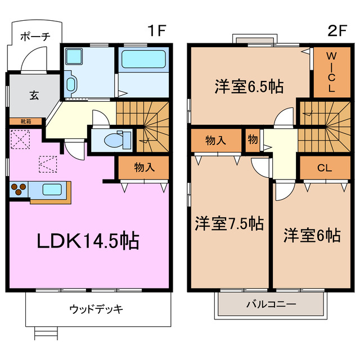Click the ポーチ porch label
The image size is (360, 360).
(35, 37)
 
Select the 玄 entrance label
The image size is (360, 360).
(34, 95)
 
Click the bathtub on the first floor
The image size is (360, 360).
(143, 60)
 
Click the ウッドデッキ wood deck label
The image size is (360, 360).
(96, 309)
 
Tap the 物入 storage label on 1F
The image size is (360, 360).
(144, 167)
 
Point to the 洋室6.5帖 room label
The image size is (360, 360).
(248, 87)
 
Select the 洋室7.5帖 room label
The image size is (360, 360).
(229, 224)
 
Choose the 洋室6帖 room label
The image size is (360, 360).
(312, 235)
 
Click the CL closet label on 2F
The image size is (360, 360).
(323, 167)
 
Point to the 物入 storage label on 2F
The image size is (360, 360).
(216, 140)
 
